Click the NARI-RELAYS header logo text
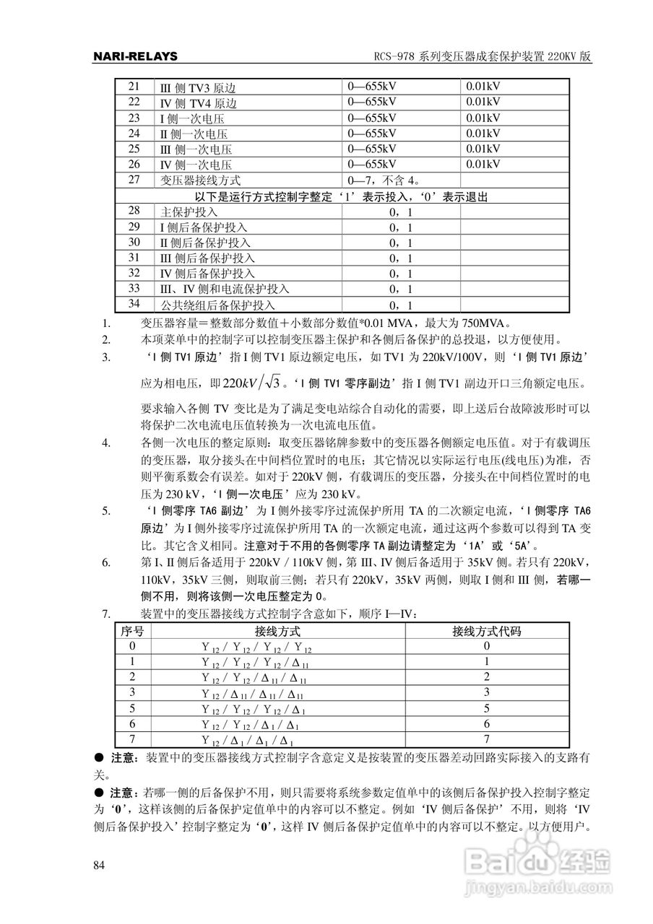(136, 56)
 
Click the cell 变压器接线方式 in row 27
(200, 180)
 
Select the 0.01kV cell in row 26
(483, 165)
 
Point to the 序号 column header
(132, 632)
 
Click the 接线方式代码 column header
(486, 632)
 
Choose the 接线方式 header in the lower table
(278, 632)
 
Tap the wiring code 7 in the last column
(486, 740)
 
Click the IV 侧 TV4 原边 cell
(198, 103)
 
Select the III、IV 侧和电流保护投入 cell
(224, 289)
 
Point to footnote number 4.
(105, 442)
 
